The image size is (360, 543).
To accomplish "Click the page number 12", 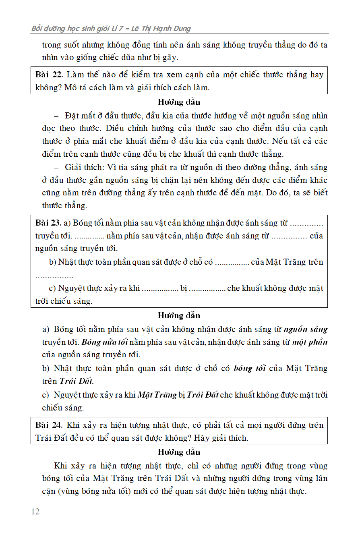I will [35, 512].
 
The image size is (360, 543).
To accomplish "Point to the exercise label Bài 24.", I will [49, 425].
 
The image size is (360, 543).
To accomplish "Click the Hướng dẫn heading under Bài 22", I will [179, 102].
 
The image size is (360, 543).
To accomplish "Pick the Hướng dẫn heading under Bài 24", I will [179, 452].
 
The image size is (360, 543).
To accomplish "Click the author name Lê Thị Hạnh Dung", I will [164, 29].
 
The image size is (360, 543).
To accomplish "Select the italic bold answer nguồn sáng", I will [306, 330].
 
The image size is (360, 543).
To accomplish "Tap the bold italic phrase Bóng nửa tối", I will [104, 342].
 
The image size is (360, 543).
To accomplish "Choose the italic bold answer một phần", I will [310, 342].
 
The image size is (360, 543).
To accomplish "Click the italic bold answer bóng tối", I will [250, 369].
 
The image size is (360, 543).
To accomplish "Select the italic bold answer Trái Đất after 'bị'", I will [203, 395].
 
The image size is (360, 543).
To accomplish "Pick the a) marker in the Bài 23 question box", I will [68, 223].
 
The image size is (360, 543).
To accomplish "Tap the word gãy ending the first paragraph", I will [170, 58].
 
